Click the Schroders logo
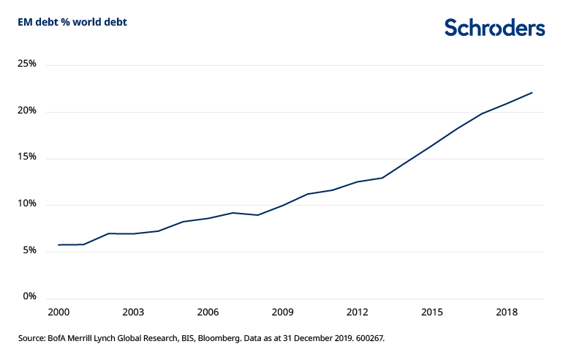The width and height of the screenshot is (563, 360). (495, 28)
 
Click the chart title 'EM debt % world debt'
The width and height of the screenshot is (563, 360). (72, 22)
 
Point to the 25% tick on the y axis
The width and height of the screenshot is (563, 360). (26, 64)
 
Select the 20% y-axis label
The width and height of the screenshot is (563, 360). (26, 111)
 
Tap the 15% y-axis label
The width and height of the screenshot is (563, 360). (26, 158)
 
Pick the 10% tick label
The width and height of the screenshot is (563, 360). (26, 204)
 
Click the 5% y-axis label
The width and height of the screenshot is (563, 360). (29, 251)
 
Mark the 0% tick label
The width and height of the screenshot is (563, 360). (29, 297)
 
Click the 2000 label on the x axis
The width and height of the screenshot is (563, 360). (58, 312)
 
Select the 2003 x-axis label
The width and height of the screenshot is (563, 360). (132, 312)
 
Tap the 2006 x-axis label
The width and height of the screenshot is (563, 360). (208, 312)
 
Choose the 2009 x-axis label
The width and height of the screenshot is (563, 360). (282, 312)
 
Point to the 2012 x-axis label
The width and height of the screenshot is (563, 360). (358, 312)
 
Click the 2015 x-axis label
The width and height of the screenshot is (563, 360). (432, 312)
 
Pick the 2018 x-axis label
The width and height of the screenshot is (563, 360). (507, 312)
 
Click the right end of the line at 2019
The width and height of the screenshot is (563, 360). (532, 93)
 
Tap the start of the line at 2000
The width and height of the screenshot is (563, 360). (58, 244)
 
